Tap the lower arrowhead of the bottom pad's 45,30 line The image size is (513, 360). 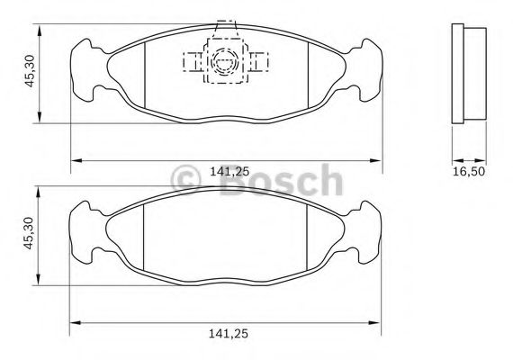coord(38,274)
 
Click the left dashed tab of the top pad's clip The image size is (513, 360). coord(193,61)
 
